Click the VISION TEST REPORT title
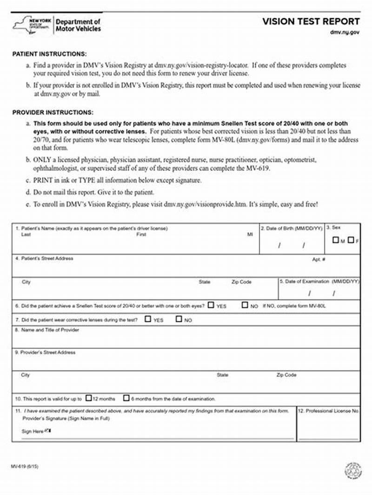tap(311, 21)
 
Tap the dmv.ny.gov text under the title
tap(345, 33)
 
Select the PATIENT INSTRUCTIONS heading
tap(49, 54)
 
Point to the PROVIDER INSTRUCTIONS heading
tap(53, 112)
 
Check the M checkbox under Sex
tap(335, 240)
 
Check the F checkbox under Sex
tap(351, 240)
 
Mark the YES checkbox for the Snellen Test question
tap(211, 306)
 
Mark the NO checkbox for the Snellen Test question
tap(245, 306)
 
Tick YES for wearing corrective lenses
tap(148, 319)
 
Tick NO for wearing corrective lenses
tap(179, 319)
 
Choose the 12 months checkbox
tap(89, 398)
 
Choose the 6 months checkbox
tap(126, 398)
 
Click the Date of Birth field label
tap(291, 228)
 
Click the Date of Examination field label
tap(319, 281)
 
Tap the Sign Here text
tap(33, 431)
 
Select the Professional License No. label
tap(329, 411)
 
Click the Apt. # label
tap(319, 259)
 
